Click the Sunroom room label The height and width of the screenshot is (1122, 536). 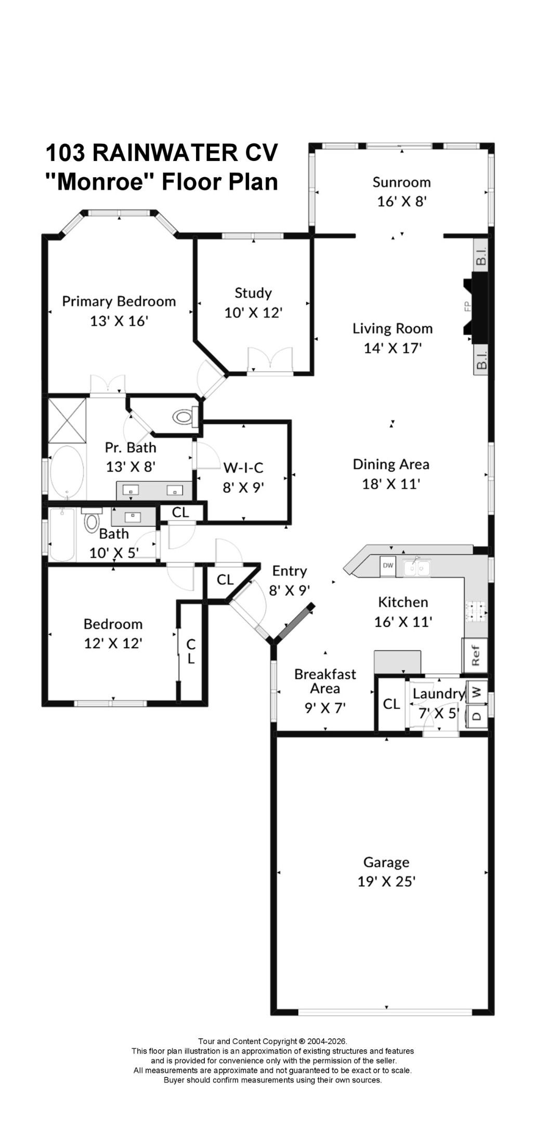click(x=401, y=182)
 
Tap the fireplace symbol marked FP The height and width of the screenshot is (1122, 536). click(x=476, y=308)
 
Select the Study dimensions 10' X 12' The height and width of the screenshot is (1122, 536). click(x=253, y=313)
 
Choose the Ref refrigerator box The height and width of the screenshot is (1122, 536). click(x=475, y=655)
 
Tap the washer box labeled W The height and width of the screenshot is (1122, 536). click(x=477, y=692)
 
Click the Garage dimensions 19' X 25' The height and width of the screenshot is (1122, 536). click(x=386, y=881)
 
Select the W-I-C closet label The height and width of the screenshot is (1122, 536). click(x=243, y=468)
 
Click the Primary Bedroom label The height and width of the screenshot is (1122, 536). click(x=119, y=301)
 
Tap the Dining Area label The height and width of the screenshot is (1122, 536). click(x=391, y=464)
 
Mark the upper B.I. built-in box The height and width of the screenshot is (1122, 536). click(x=482, y=258)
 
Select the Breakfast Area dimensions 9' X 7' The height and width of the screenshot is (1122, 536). click(x=325, y=707)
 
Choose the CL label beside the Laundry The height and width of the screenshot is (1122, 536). click(x=391, y=704)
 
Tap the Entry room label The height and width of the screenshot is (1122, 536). click(x=290, y=571)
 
